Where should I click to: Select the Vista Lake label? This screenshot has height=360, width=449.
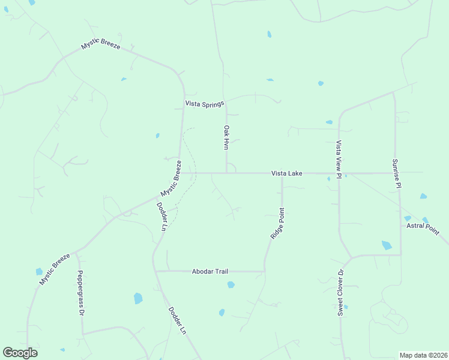[x=286, y=173]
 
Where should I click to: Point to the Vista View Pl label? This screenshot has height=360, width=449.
[x=339, y=160]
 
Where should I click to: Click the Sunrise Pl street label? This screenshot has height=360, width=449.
[x=396, y=173]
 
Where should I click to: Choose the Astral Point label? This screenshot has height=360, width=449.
[x=423, y=228]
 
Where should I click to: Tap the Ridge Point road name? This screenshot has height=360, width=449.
[x=277, y=224]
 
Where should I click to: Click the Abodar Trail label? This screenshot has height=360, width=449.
[x=210, y=271]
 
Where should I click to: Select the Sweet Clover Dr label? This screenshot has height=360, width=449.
[x=340, y=292]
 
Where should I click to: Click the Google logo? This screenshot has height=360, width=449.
[x=20, y=353]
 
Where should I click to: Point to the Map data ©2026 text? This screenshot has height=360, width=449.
[x=423, y=355]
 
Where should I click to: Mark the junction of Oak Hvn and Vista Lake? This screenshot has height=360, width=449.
[x=226, y=173]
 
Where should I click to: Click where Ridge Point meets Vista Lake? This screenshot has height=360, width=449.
[x=282, y=173]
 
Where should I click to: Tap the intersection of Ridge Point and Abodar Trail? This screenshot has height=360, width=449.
[x=264, y=271]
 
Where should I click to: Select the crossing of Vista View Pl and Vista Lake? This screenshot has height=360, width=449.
[x=339, y=173]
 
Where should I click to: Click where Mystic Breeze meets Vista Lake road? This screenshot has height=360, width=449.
[x=180, y=173]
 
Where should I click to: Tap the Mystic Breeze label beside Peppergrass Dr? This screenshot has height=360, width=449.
[x=55, y=269]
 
